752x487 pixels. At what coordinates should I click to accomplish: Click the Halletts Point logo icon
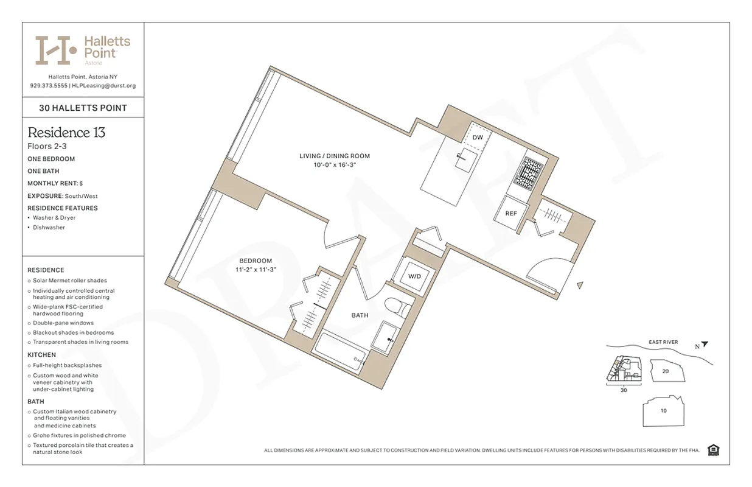pyautogui.click(x=55, y=51)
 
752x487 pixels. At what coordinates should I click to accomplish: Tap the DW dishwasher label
pyautogui.click(x=478, y=138)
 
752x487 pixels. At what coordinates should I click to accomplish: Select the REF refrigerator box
pyautogui.click(x=511, y=214)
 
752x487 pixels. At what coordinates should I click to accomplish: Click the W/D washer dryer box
pyautogui.click(x=414, y=276)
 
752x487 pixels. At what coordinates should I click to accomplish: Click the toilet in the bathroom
pyautogui.click(x=397, y=306)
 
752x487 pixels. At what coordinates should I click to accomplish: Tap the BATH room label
pyautogui.click(x=360, y=315)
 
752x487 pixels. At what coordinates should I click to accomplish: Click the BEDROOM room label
pyautogui.click(x=256, y=261)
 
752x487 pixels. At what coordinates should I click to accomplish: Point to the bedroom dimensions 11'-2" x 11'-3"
pyautogui.click(x=256, y=270)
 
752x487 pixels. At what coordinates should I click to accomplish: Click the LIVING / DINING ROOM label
pyautogui.click(x=334, y=156)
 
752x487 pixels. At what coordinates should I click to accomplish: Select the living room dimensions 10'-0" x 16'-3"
pyautogui.click(x=334, y=165)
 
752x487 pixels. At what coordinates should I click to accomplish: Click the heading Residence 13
pyautogui.click(x=66, y=132)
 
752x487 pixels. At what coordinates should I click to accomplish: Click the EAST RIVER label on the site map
pyautogui.click(x=663, y=342)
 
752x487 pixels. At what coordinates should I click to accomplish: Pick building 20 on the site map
pyautogui.click(x=665, y=370)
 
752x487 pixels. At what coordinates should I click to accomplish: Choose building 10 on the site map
pyautogui.click(x=663, y=410)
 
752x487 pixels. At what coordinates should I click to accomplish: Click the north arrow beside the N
pyautogui.click(x=705, y=344)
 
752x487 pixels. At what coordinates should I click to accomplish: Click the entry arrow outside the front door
pyautogui.click(x=580, y=285)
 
